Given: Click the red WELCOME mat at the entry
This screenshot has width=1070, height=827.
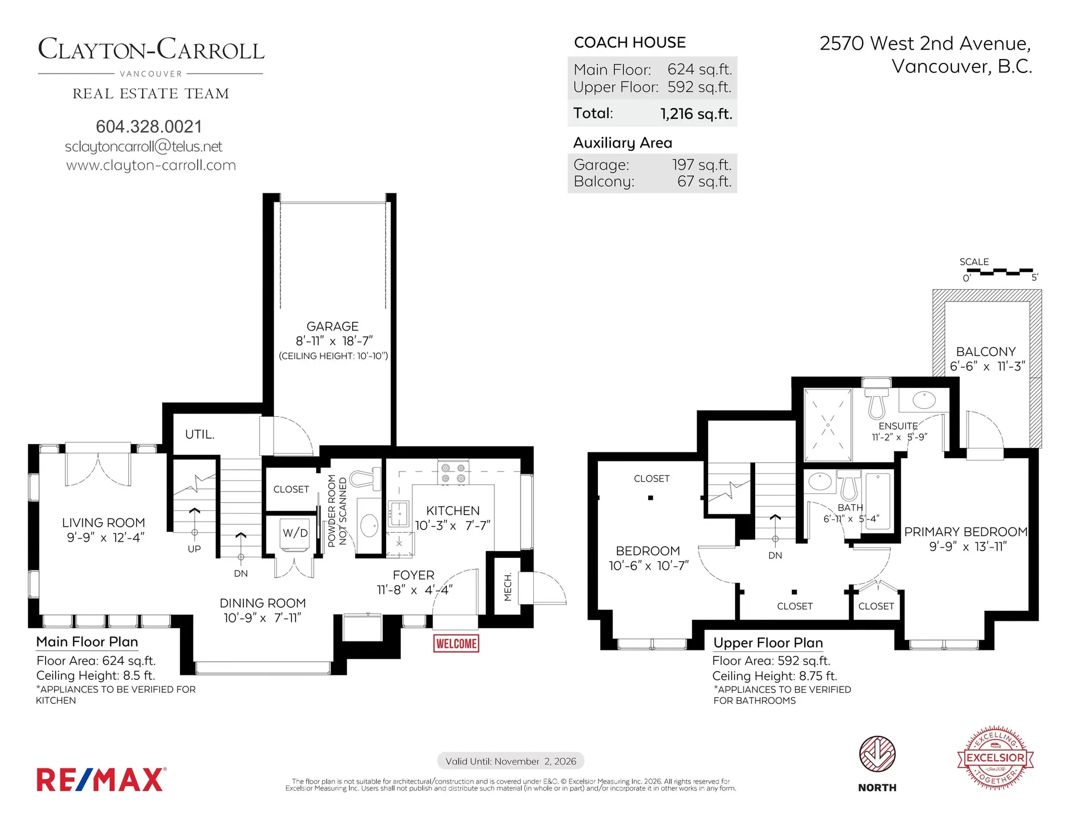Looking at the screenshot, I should (456, 644).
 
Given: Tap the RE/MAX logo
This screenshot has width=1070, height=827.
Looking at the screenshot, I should (101, 780).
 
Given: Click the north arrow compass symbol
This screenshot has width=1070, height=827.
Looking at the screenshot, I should (877, 754).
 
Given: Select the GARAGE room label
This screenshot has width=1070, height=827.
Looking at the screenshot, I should (332, 327).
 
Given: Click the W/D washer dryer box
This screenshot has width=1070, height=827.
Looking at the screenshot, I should (295, 533).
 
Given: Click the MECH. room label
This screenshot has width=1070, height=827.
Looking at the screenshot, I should (508, 586).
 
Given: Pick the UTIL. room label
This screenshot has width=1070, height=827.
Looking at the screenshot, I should (200, 434).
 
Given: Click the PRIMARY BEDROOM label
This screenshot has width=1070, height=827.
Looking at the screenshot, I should (965, 532).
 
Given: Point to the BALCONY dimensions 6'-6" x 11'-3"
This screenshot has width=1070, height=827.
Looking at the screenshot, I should (987, 367).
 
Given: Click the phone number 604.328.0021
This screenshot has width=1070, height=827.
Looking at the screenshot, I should (149, 127).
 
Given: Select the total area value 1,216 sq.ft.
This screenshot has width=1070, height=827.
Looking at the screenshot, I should (696, 114).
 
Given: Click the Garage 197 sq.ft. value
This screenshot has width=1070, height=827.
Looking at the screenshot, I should (701, 165).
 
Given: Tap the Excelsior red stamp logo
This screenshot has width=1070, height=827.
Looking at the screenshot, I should (995, 757).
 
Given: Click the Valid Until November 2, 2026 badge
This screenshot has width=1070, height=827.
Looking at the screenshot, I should (510, 761).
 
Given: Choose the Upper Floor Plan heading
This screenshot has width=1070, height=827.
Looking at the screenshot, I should (768, 643).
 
